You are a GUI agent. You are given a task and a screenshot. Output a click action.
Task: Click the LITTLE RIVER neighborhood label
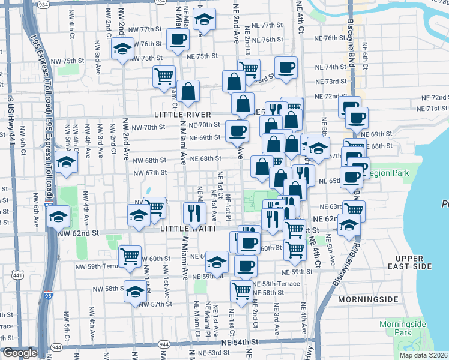coord(182,114)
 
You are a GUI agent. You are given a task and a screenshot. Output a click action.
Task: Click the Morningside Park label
coord(402,329)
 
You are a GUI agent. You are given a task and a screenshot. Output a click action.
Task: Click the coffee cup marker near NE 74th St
coord(286,67)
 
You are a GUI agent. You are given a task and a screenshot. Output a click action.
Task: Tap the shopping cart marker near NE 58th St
coord(241,291)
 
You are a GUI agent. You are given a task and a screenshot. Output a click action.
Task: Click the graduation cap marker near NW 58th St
coord(136,292)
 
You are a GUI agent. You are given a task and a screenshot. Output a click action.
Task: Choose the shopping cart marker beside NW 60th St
coord(130,256)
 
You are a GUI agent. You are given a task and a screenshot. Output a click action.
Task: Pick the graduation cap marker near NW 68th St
coord(66,161)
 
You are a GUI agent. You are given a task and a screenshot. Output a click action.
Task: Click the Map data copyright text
coord(424,355)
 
